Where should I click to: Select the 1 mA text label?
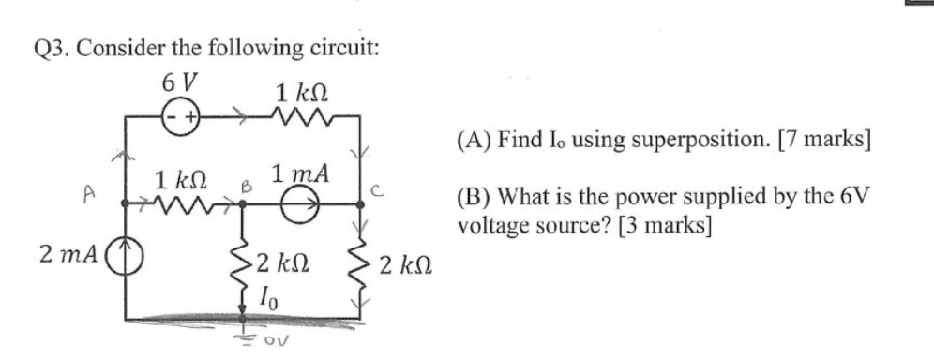click(299, 173)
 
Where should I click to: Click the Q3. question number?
click(53, 47)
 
